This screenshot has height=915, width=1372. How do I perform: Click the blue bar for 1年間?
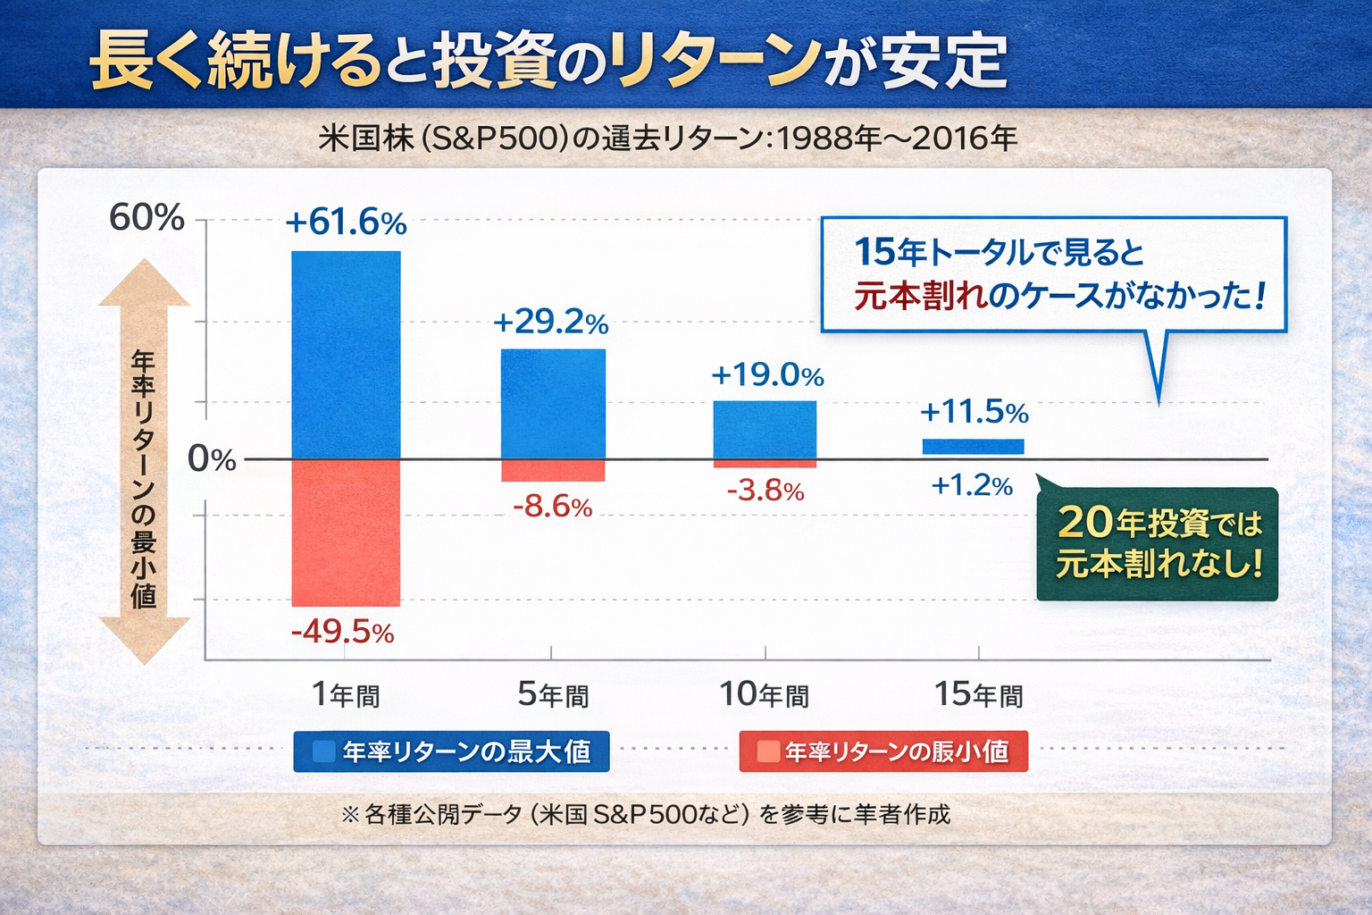pyautogui.click(x=346, y=355)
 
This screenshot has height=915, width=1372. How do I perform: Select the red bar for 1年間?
pyautogui.click(x=346, y=533)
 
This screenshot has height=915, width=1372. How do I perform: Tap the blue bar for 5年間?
pyautogui.click(x=553, y=404)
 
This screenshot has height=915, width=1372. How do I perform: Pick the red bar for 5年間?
pyautogui.click(x=553, y=471)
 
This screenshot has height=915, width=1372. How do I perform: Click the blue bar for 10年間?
pyautogui.click(x=765, y=430)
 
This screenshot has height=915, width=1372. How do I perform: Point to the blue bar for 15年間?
pyautogui.click(x=973, y=447)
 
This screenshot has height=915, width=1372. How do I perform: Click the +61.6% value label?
pyautogui.click(x=346, y=222)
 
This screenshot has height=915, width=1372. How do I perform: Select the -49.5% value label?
pyautogui.click(x=342, y=632)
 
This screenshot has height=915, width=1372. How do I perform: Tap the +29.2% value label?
pyautogui.click(x=550, y=322)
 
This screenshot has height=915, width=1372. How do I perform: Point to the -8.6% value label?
pyautogui.click(x=552, y=507)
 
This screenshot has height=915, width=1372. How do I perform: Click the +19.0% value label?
pyautogui.click(x=767, y=374)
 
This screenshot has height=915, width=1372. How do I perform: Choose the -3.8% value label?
pyautogui.click(x=765, y=491)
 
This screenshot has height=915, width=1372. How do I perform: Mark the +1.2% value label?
pyautogui.click(x=972, y=485)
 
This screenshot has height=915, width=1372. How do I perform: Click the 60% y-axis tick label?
pyautogui.click(x=146, y=217)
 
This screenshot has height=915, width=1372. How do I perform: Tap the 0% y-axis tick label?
pyautogui.click(x=212, y=459)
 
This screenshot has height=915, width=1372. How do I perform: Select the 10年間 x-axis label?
pyautogui.click(x=765, y=694)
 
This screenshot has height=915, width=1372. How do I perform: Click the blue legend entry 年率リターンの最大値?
pyautogui.click(x=451, y=751)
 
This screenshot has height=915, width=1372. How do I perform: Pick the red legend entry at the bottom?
pyautogui.click(x=883, y=751)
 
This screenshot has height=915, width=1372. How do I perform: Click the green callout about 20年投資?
pyautogui.click(x=1158, y=543)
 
